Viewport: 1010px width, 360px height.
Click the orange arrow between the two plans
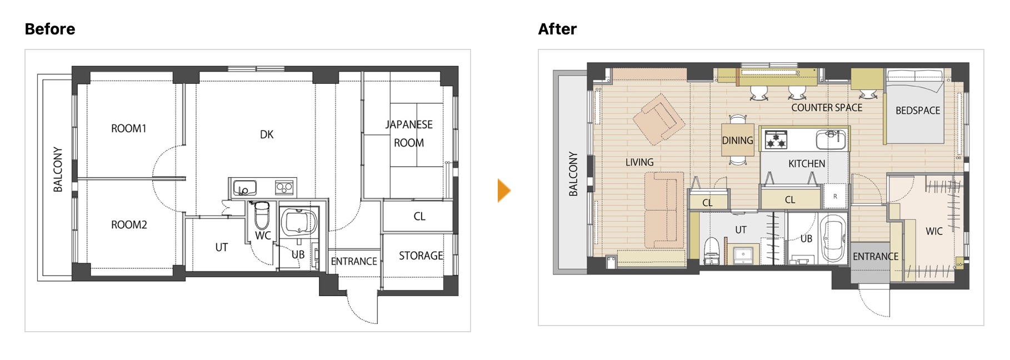pos(503,191)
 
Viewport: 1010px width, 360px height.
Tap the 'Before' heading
pos(50,29)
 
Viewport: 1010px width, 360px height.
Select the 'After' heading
pos(557,29)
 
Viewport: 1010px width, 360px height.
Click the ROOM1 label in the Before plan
pos(129,128)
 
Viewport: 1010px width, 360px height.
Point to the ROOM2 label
pos(129,224)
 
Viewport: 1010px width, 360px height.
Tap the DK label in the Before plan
pos(267,134)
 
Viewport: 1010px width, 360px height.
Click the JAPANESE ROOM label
pos(409,133)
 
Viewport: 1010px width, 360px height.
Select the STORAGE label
pos(421,256)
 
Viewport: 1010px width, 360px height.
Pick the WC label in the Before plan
pos(263,236)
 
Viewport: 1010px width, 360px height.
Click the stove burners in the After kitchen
pos(776,139)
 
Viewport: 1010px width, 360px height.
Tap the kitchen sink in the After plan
pos(831,139)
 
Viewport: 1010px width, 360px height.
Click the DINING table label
pos(738,141)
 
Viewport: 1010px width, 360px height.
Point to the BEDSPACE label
pos(918,111)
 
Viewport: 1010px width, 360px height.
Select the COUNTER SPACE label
pos(827,108)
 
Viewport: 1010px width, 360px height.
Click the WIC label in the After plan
pos(934,231)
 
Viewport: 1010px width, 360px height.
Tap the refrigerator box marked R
pos(835,196)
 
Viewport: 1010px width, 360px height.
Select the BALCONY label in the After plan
pos(573,174)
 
